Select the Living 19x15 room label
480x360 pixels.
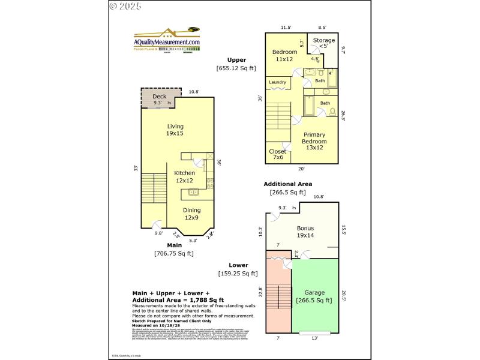[175, 130]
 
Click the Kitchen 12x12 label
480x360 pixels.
[184, 176]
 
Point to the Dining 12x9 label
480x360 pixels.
[192, 214]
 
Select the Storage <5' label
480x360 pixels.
[323, 43]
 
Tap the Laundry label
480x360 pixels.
[277, 82]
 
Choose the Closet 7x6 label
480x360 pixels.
[277, 154]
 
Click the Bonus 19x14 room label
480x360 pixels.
[305, 232]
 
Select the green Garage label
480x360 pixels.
[314, 296]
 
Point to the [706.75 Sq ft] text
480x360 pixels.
[174, 253]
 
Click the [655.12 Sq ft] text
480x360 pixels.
[236, 68]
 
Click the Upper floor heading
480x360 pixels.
[236, 59]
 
